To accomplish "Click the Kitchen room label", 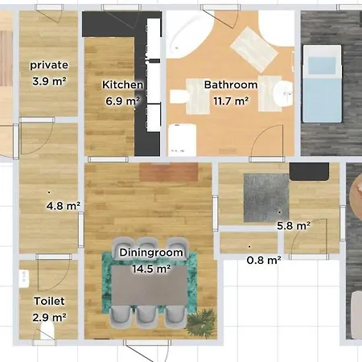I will tap(122, 84).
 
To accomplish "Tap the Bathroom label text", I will tap(231, 84).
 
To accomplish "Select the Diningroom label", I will tap(151, 253).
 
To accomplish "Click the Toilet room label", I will tap(49, 301).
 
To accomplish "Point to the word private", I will tap(49, 65).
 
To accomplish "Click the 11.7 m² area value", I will tap(231, 101).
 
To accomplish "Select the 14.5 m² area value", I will tap(151, 269).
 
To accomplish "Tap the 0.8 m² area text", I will tap(263, 260).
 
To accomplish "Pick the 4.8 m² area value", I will tap(64, 206).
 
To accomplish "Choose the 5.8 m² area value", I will tap(293, 226).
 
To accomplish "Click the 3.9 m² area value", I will tap(49, 81).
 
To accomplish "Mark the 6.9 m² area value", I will tap(122, 101).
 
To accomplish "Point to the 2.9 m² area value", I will tap(49, 318).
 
